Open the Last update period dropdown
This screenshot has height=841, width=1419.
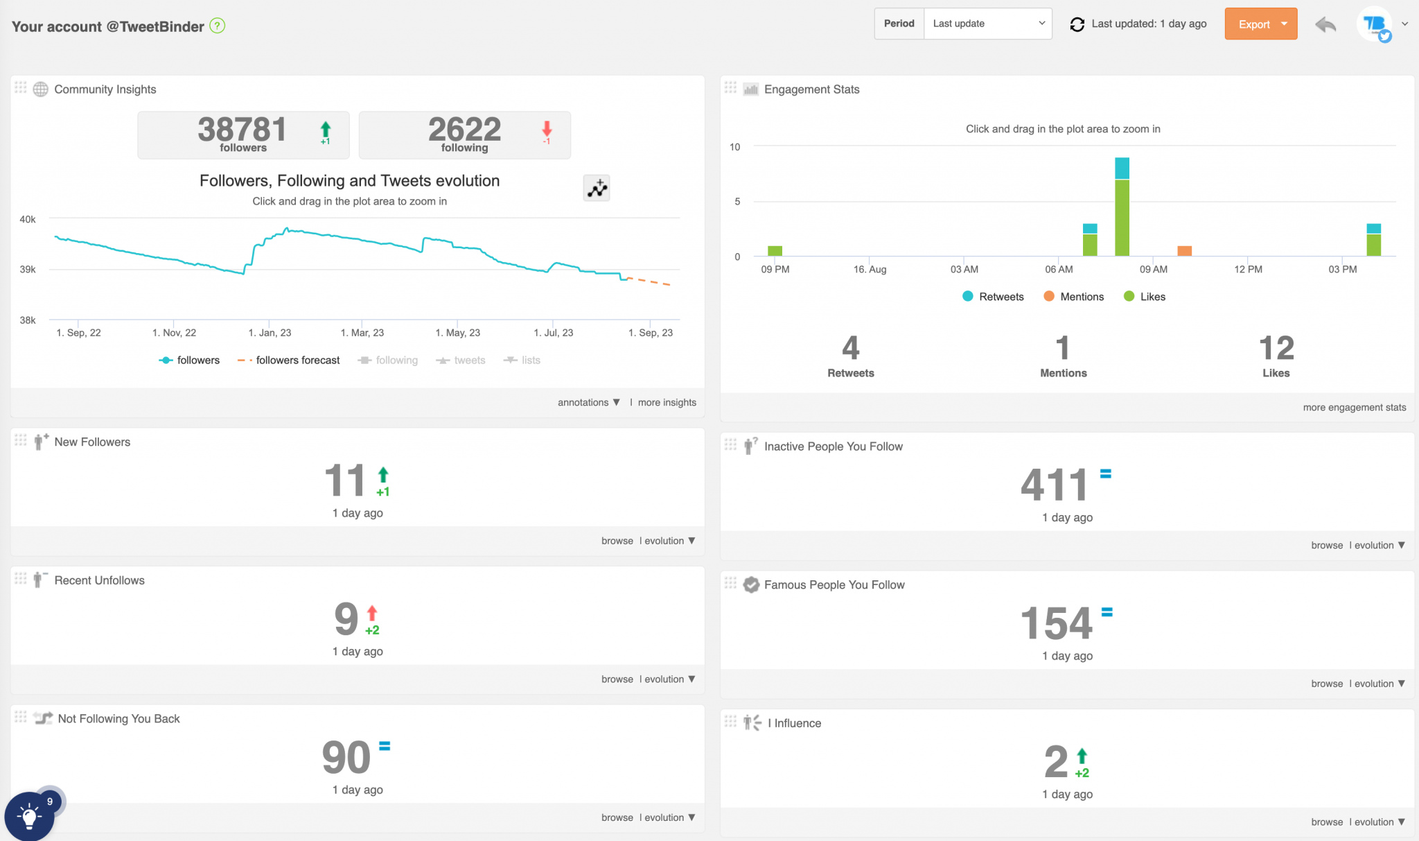pos(987,24)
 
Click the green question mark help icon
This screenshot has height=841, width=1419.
pos(218,26)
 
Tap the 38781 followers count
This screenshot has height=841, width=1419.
pos(242,130)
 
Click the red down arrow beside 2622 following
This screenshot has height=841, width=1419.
pos(547,130)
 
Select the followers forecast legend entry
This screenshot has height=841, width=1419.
pos(289,361)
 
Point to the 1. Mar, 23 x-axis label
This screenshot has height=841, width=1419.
pos(362,333)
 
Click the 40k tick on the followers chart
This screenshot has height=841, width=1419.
pos(28,220)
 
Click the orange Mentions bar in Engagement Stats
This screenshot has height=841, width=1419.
pos(1185,251)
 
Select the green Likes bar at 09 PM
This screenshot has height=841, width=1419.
pos(775,251)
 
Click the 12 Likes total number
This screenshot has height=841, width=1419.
pos(1276,348)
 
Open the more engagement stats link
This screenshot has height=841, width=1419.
pos(1354,408)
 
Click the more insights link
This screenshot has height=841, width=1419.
pos(667,403)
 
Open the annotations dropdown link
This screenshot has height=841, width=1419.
pos(588,403)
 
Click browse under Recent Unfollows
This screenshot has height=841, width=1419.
pos(617,679)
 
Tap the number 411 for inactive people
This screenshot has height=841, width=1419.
pos(1054,485)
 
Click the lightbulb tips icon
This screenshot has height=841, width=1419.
pos(29,816)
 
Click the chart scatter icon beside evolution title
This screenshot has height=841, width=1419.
pos(597,189)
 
